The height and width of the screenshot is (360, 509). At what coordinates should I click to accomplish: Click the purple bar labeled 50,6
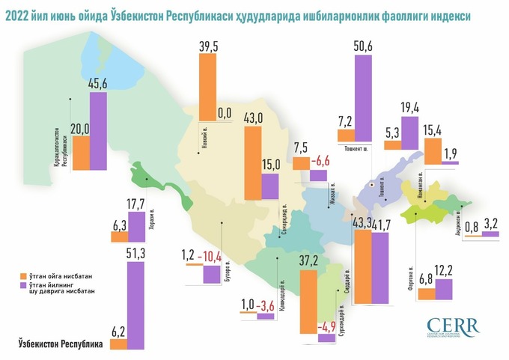364,97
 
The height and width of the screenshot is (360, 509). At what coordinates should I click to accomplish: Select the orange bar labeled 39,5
207,86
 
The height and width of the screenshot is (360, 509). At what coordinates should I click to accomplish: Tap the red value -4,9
326,326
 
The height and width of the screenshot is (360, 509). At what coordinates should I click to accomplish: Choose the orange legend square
22,275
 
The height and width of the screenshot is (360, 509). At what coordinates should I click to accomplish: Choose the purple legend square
22,284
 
